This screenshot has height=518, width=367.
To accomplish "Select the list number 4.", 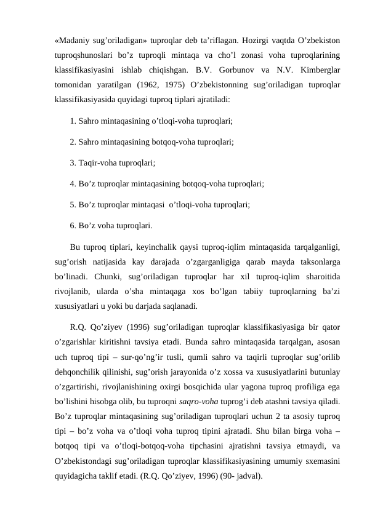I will point(73,185).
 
